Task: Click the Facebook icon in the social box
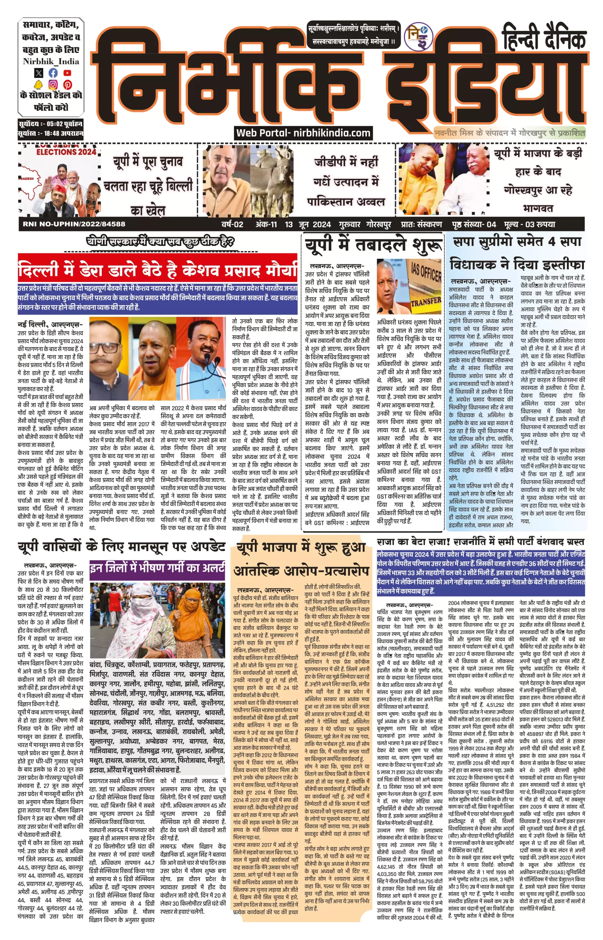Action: [x=53, y=73]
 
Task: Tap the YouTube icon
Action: [x=67, y=73]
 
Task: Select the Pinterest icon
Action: [x=67, y=84]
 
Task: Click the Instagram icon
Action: [x=53, y=84]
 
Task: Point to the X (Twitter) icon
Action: [x=39, y=73]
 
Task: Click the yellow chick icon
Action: [x=38, y=84]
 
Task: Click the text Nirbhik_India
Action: [x=51, y=61]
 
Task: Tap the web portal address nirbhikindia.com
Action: [x=332, y=133]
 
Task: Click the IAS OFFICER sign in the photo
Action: [x=426, y=272]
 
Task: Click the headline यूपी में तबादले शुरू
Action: [x=373, y=246]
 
